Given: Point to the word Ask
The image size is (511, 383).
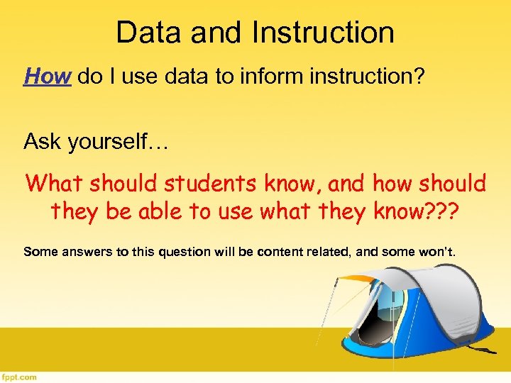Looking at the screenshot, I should [x=41, y=142].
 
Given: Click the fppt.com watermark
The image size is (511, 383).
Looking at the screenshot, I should [x=18, y=377].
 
